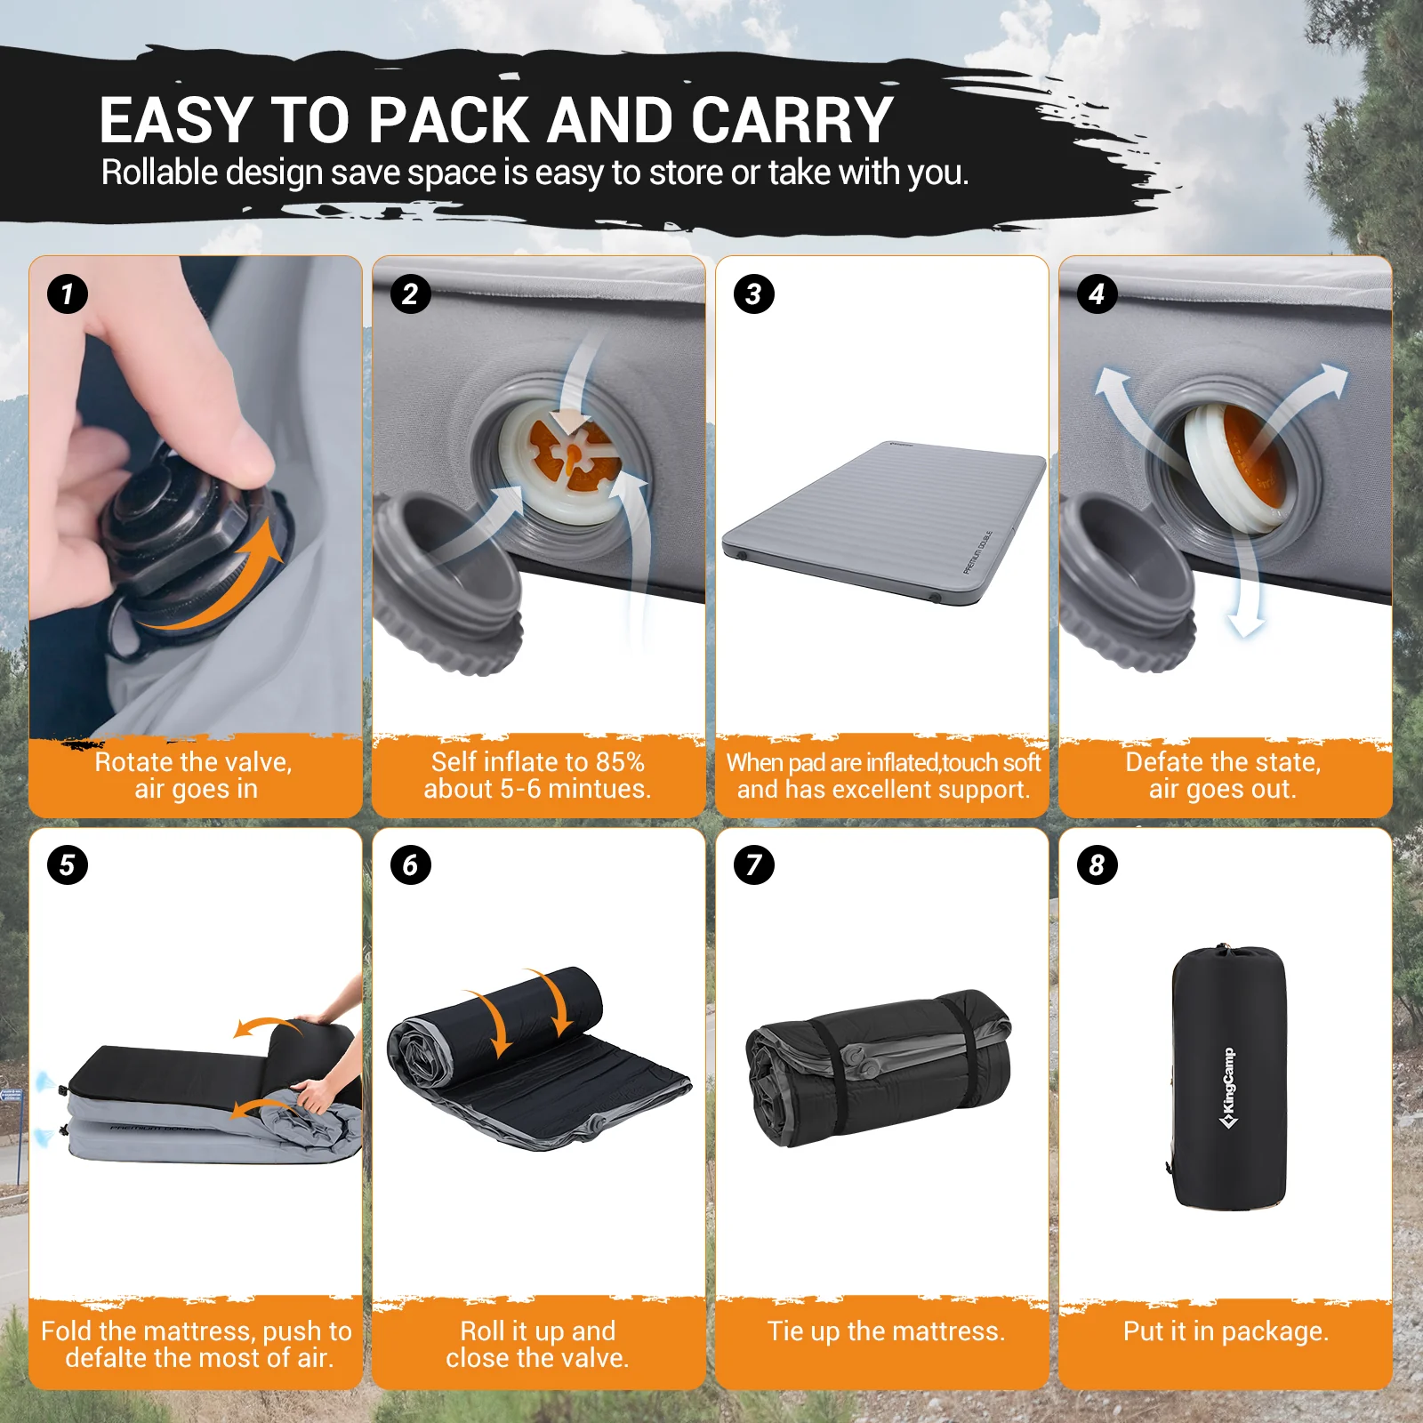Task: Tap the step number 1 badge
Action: click(68, 293)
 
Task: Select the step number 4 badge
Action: click(1097, 293)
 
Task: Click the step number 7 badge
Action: click(753, 864)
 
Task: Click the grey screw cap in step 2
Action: click(445, 578)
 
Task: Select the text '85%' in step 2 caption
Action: click(620, 762)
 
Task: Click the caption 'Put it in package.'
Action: click(1225, 1331)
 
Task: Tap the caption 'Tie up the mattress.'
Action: click(886, 1331)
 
